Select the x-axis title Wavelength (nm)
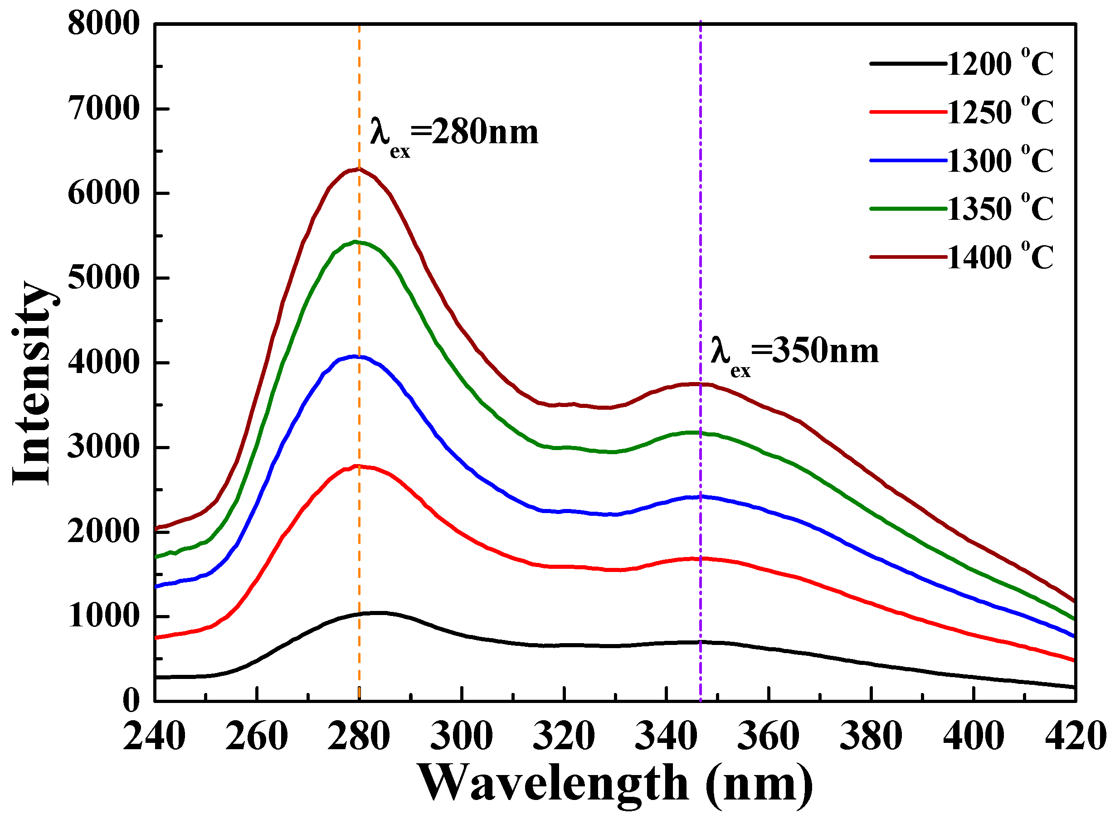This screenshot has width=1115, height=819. coord(615,783)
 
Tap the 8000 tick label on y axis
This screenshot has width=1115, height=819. coord(104,24)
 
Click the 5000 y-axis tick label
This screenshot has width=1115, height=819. coord(104,278)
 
